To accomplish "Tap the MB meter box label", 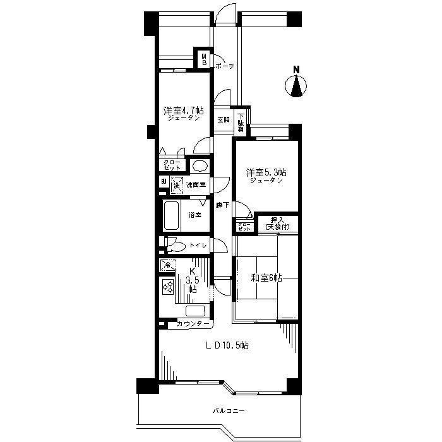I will pyautogui.click(x=205, y=59).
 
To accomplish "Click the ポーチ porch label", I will pyautogui.click(x=225, y=66).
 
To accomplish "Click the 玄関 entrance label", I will pyautogui.click(x=224, y=119).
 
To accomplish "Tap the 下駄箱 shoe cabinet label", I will pyautogui.click(x=241, y=122).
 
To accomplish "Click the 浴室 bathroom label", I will pyautogui.click(x=194, y=215).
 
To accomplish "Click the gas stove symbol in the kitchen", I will pyautogui.click(x=169, y=287).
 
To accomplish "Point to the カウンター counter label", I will pyautogui.click(x=193, y=324).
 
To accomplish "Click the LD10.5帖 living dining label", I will pyautogui.click(x=225, y=345).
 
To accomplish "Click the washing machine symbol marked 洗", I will pyautogui.click(x=176, y=186).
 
